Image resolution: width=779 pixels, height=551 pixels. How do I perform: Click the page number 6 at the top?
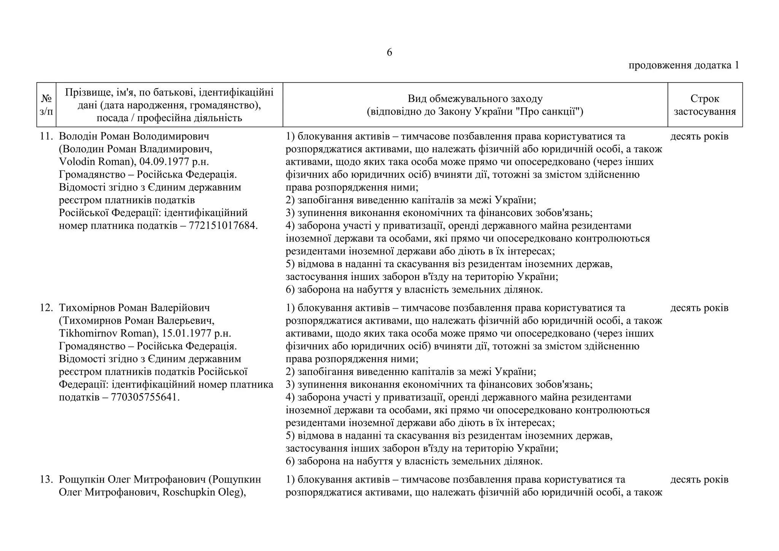pos(389,53)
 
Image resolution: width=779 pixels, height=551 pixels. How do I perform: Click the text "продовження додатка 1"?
pos(684,65)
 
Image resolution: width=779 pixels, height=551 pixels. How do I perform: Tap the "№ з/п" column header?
pos(46,105)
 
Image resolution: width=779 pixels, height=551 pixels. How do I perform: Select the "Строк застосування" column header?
pos(705,105)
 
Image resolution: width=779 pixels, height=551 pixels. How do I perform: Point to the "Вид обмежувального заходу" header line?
pos(475,99)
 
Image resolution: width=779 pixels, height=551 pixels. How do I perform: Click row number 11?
pos(46,136)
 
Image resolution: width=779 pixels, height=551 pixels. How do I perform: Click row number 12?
pos(46,307)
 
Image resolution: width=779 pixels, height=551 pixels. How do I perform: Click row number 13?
pos(46,479)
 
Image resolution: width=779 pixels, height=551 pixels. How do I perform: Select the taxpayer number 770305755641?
pos(145,397)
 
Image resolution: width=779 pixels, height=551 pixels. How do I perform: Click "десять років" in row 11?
pos(699,136)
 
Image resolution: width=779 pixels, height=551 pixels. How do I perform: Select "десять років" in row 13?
pos(699,479)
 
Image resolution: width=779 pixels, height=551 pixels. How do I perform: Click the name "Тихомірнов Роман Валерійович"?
pos(134,307)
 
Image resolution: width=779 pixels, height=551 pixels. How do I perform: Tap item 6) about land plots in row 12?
pos(414,461)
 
